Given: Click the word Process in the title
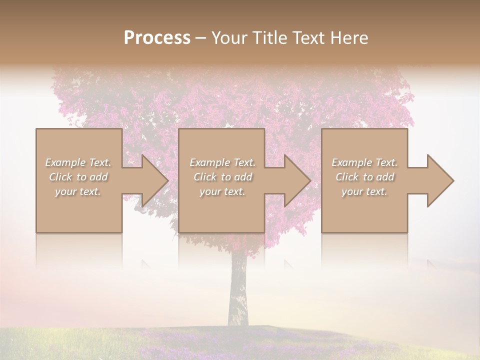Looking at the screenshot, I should coord(157,38).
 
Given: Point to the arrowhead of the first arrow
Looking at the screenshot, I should coord(154,180).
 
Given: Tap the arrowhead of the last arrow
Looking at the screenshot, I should coord(440,180).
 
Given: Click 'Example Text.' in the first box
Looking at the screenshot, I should coord(78,162).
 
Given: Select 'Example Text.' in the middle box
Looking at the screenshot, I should coord(222,162).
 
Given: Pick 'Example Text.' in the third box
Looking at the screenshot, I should coord(364,162).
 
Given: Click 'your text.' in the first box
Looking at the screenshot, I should coord(78,191).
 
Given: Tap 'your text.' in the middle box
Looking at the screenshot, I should coord(222,191).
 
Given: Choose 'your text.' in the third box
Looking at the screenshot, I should coord(364,191).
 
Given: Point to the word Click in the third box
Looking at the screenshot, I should coord(347,177).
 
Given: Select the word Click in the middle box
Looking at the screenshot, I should coord(205,177).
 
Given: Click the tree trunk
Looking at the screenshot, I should coord(238,290).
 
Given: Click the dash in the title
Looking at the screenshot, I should coord(200,38).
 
